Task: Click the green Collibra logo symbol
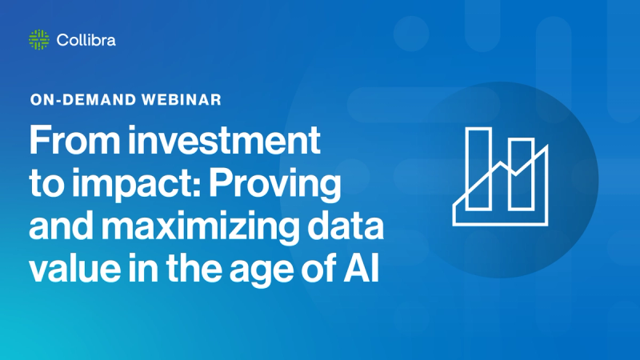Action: point(39,39)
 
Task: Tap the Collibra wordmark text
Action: point(86,39)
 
